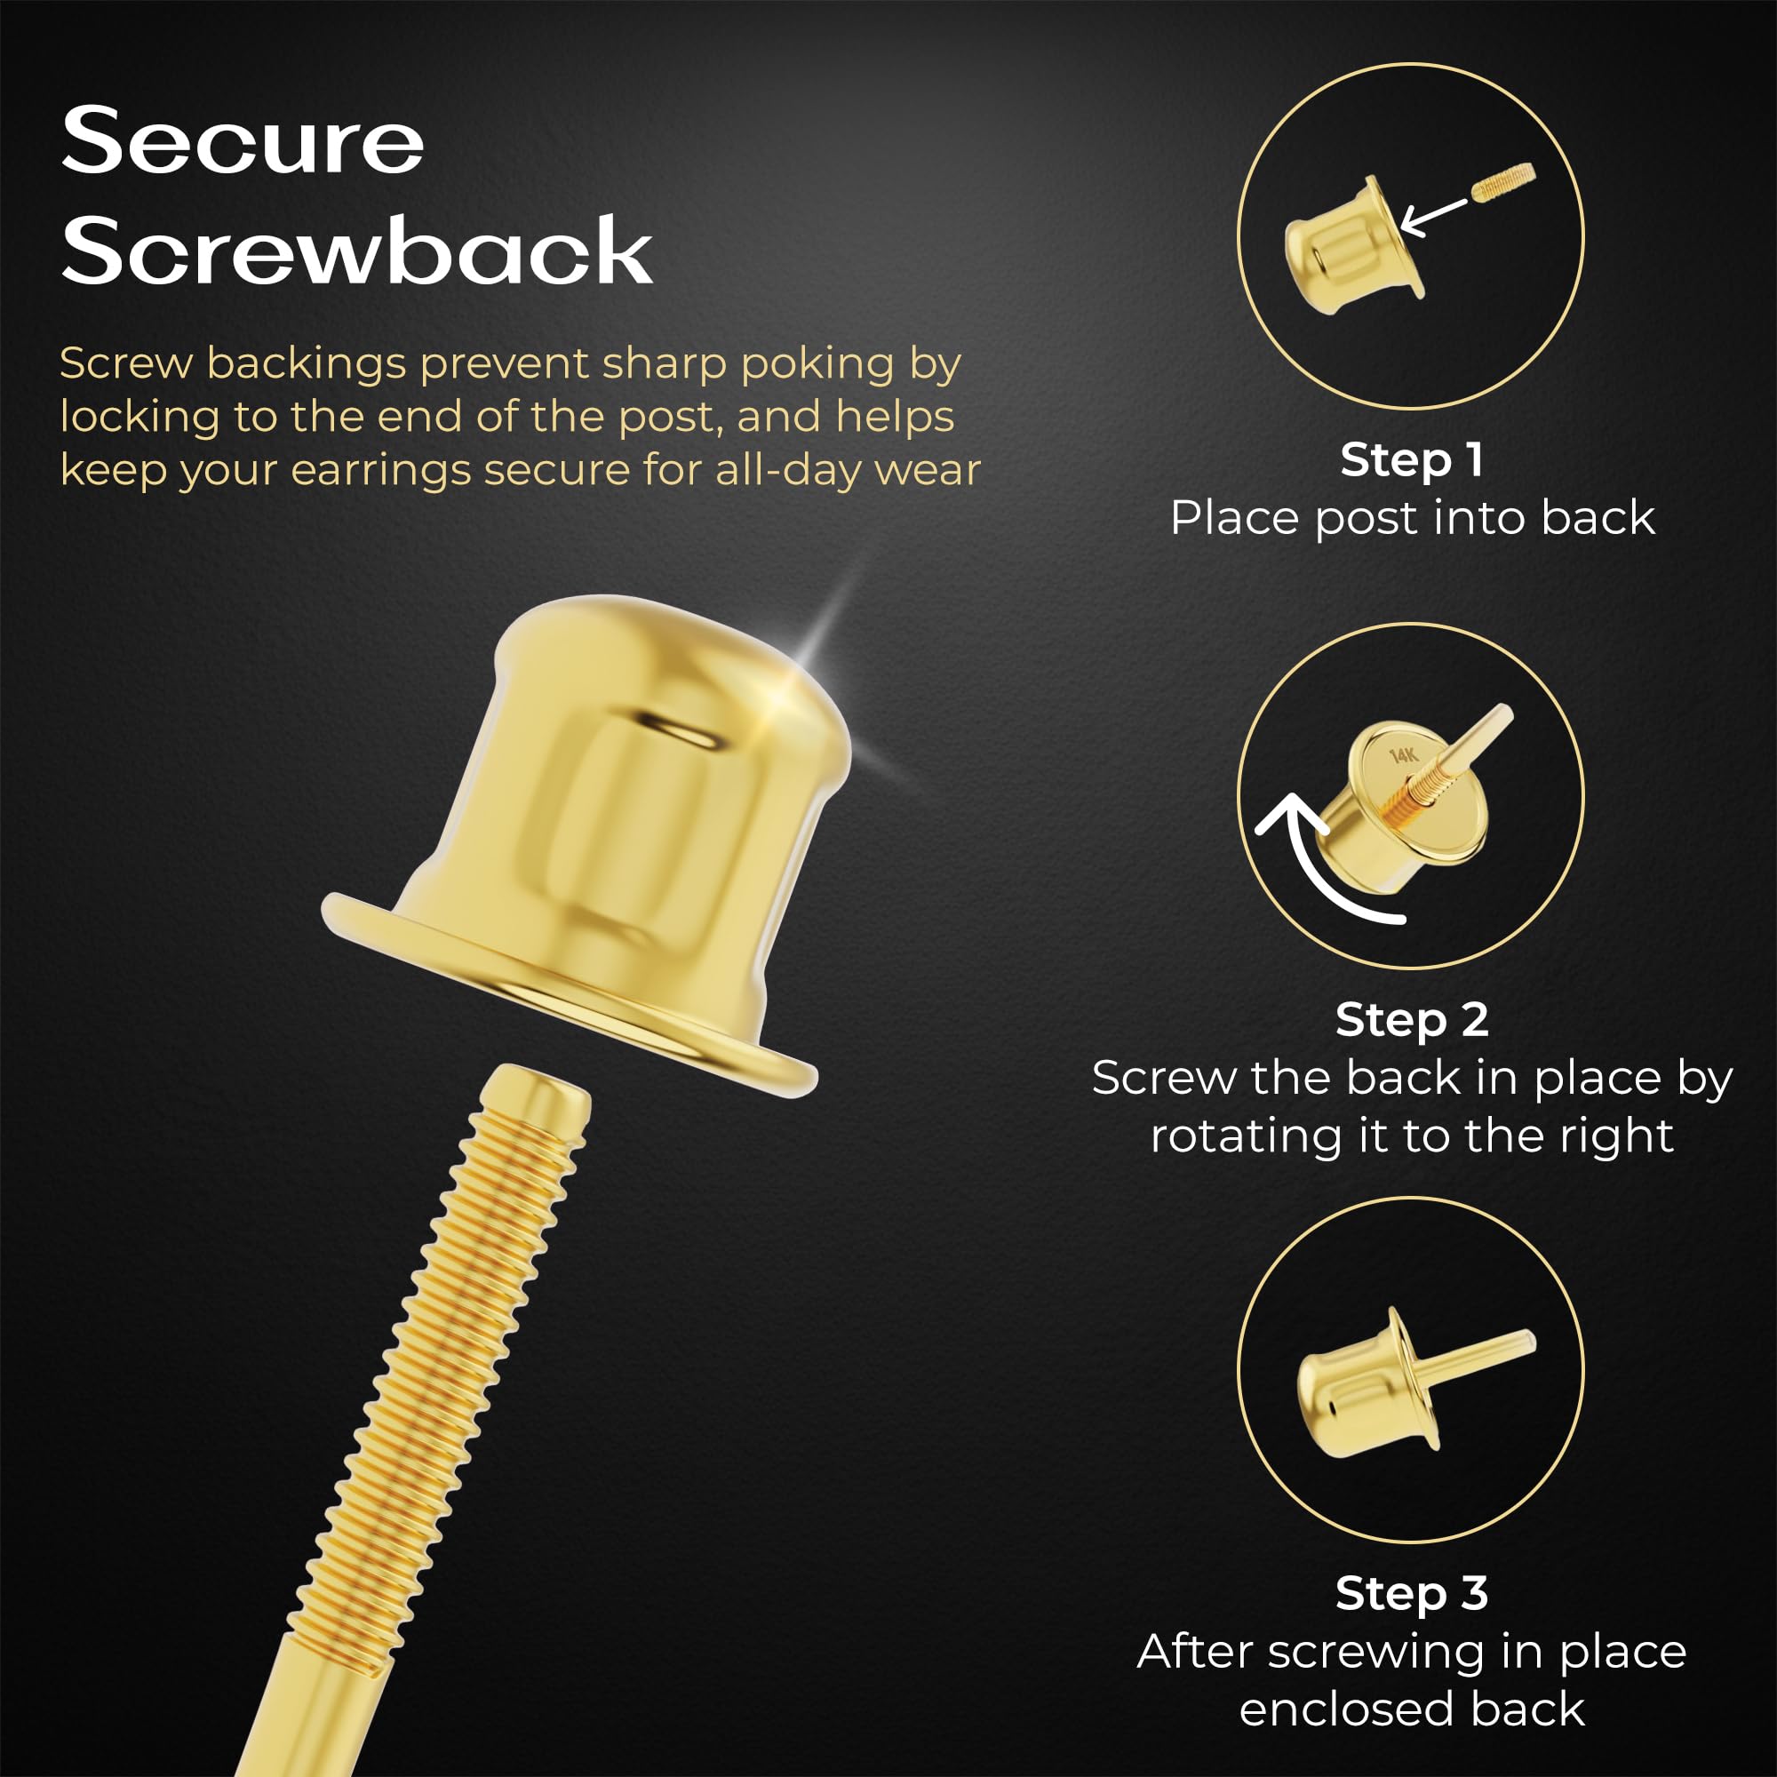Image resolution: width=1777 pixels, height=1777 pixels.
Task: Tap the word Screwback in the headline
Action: pos(357,251)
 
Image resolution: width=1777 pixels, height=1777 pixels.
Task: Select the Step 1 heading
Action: pos(1411,459)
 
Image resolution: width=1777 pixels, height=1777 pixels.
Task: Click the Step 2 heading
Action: pos(1412,1019)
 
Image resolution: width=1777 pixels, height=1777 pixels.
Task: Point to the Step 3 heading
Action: pos(1412,1592)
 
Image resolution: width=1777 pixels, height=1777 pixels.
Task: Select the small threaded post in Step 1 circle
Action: pos(1503,181)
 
